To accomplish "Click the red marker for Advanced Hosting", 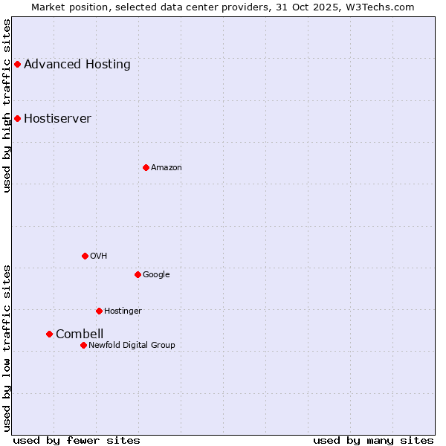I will tap(17, 64).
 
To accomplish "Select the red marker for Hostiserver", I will tap(17, 118).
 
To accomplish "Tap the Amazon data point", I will tap(146, 167).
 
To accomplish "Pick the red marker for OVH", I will tap(85, 256).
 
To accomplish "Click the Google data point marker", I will tap(138, 274).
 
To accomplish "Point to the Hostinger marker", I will tap(99, 311).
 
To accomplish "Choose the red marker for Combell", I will tap(49, 334).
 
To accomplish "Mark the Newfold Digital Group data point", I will tap(83, 345).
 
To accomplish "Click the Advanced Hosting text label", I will tap(77, 64).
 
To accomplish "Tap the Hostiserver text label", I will tap(57, 118).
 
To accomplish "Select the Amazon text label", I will tap(167, 167).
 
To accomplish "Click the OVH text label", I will tap(99, 256).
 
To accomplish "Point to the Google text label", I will tap(156, 274).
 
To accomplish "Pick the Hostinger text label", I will tap(123, 311).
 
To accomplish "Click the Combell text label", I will tap(80, 334).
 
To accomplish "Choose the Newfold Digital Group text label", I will tap(132, 345).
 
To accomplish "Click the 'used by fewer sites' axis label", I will tap(77, 440).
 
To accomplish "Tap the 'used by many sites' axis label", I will tap(373, 440).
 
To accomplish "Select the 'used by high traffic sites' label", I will tap(7, 106).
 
